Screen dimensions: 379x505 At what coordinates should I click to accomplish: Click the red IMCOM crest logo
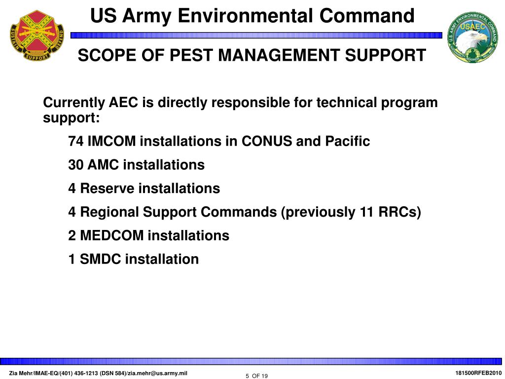coord(37,36)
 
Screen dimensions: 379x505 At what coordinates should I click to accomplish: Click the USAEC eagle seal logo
coord(472,38)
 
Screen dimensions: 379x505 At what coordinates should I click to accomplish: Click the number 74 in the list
coord(76,141)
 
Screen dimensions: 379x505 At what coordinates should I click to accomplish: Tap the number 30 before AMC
coord(76,165)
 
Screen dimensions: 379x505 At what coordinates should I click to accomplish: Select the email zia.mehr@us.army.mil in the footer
coord(157,374)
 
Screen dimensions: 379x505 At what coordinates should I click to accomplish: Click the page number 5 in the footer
coord(248,377)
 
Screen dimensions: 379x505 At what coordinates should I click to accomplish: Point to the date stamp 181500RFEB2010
coord(478,373)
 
